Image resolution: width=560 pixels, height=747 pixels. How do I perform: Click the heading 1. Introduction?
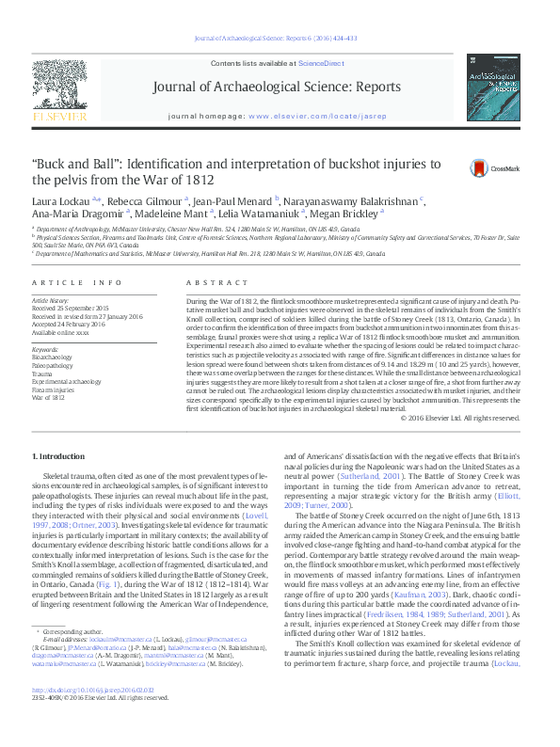point(58,456)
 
